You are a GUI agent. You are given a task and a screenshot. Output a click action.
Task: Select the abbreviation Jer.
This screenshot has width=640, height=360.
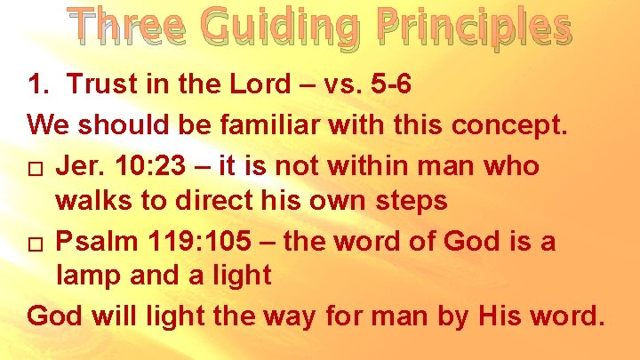[78, 164]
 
